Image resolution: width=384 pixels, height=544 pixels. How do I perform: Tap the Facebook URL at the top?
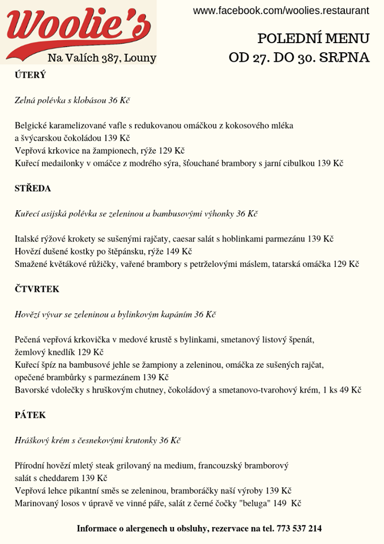(x=281, y=11)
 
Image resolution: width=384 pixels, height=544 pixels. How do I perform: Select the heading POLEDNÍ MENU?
(x=313, y=39)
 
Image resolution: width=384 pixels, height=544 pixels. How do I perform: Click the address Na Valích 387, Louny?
(x=102, y=58)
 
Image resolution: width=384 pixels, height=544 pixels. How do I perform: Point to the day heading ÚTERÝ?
(x=30, y=75)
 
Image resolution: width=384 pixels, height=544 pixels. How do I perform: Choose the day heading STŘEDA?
(x=33, y=188)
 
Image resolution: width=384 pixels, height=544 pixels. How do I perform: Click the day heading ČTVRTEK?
(x=37, y=289)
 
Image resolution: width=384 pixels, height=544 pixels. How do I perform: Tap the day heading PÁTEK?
(x=30, y=415)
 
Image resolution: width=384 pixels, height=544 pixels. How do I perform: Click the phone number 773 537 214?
(x=299, y=528)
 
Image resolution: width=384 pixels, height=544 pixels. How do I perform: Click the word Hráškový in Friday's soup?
(x=33, y=440)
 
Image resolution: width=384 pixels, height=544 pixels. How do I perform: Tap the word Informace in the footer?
(x=99, y=528)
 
